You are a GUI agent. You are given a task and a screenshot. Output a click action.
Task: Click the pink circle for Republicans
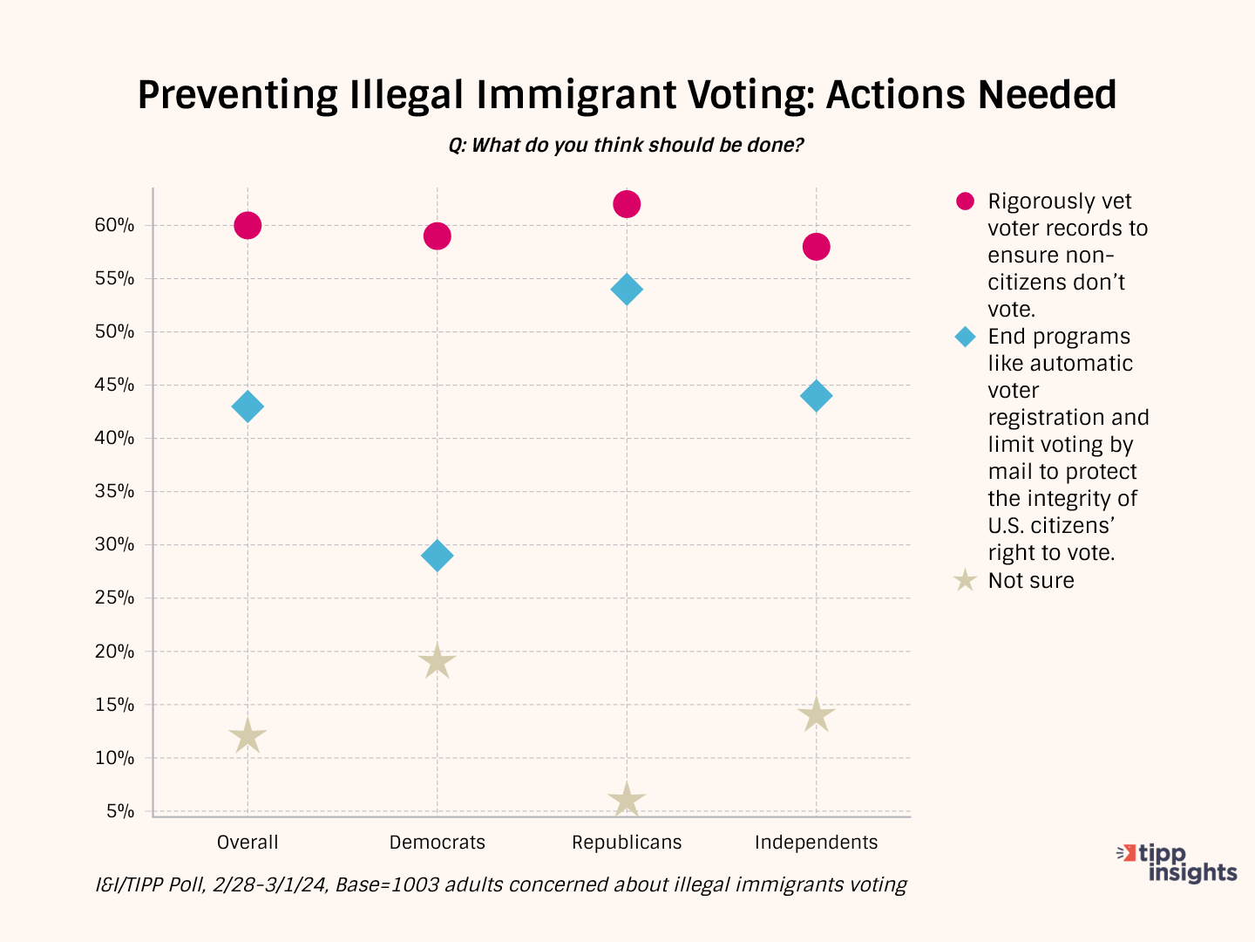(627, 204)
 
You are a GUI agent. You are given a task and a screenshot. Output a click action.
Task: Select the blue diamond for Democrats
(438, 556)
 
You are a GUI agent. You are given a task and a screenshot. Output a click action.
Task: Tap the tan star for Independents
(817, 715)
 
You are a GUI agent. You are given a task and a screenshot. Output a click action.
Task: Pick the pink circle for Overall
(248, 226)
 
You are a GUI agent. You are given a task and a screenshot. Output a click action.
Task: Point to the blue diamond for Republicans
(627, 290)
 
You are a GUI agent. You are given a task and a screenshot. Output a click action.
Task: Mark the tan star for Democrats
(438, 662)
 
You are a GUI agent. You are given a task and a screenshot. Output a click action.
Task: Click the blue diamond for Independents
(817, 396)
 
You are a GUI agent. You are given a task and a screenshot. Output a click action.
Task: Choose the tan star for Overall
(248, 736)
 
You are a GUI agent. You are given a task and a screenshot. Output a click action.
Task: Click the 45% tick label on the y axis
(115, 385)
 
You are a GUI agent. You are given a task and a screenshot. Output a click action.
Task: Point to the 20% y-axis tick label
(115, 652)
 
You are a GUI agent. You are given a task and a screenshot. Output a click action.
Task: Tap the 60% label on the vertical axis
(115, 225)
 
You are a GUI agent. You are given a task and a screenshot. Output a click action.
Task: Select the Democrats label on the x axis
(438, 843)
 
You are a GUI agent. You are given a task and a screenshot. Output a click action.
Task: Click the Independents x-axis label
(817, 843)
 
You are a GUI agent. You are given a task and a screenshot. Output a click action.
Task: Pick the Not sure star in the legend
(965, 581)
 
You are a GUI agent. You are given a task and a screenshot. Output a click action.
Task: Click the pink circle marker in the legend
(965, 201)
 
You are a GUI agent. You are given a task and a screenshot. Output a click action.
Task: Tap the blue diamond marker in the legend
(965, 337)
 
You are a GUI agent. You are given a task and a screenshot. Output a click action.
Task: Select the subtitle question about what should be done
(626, 145)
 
